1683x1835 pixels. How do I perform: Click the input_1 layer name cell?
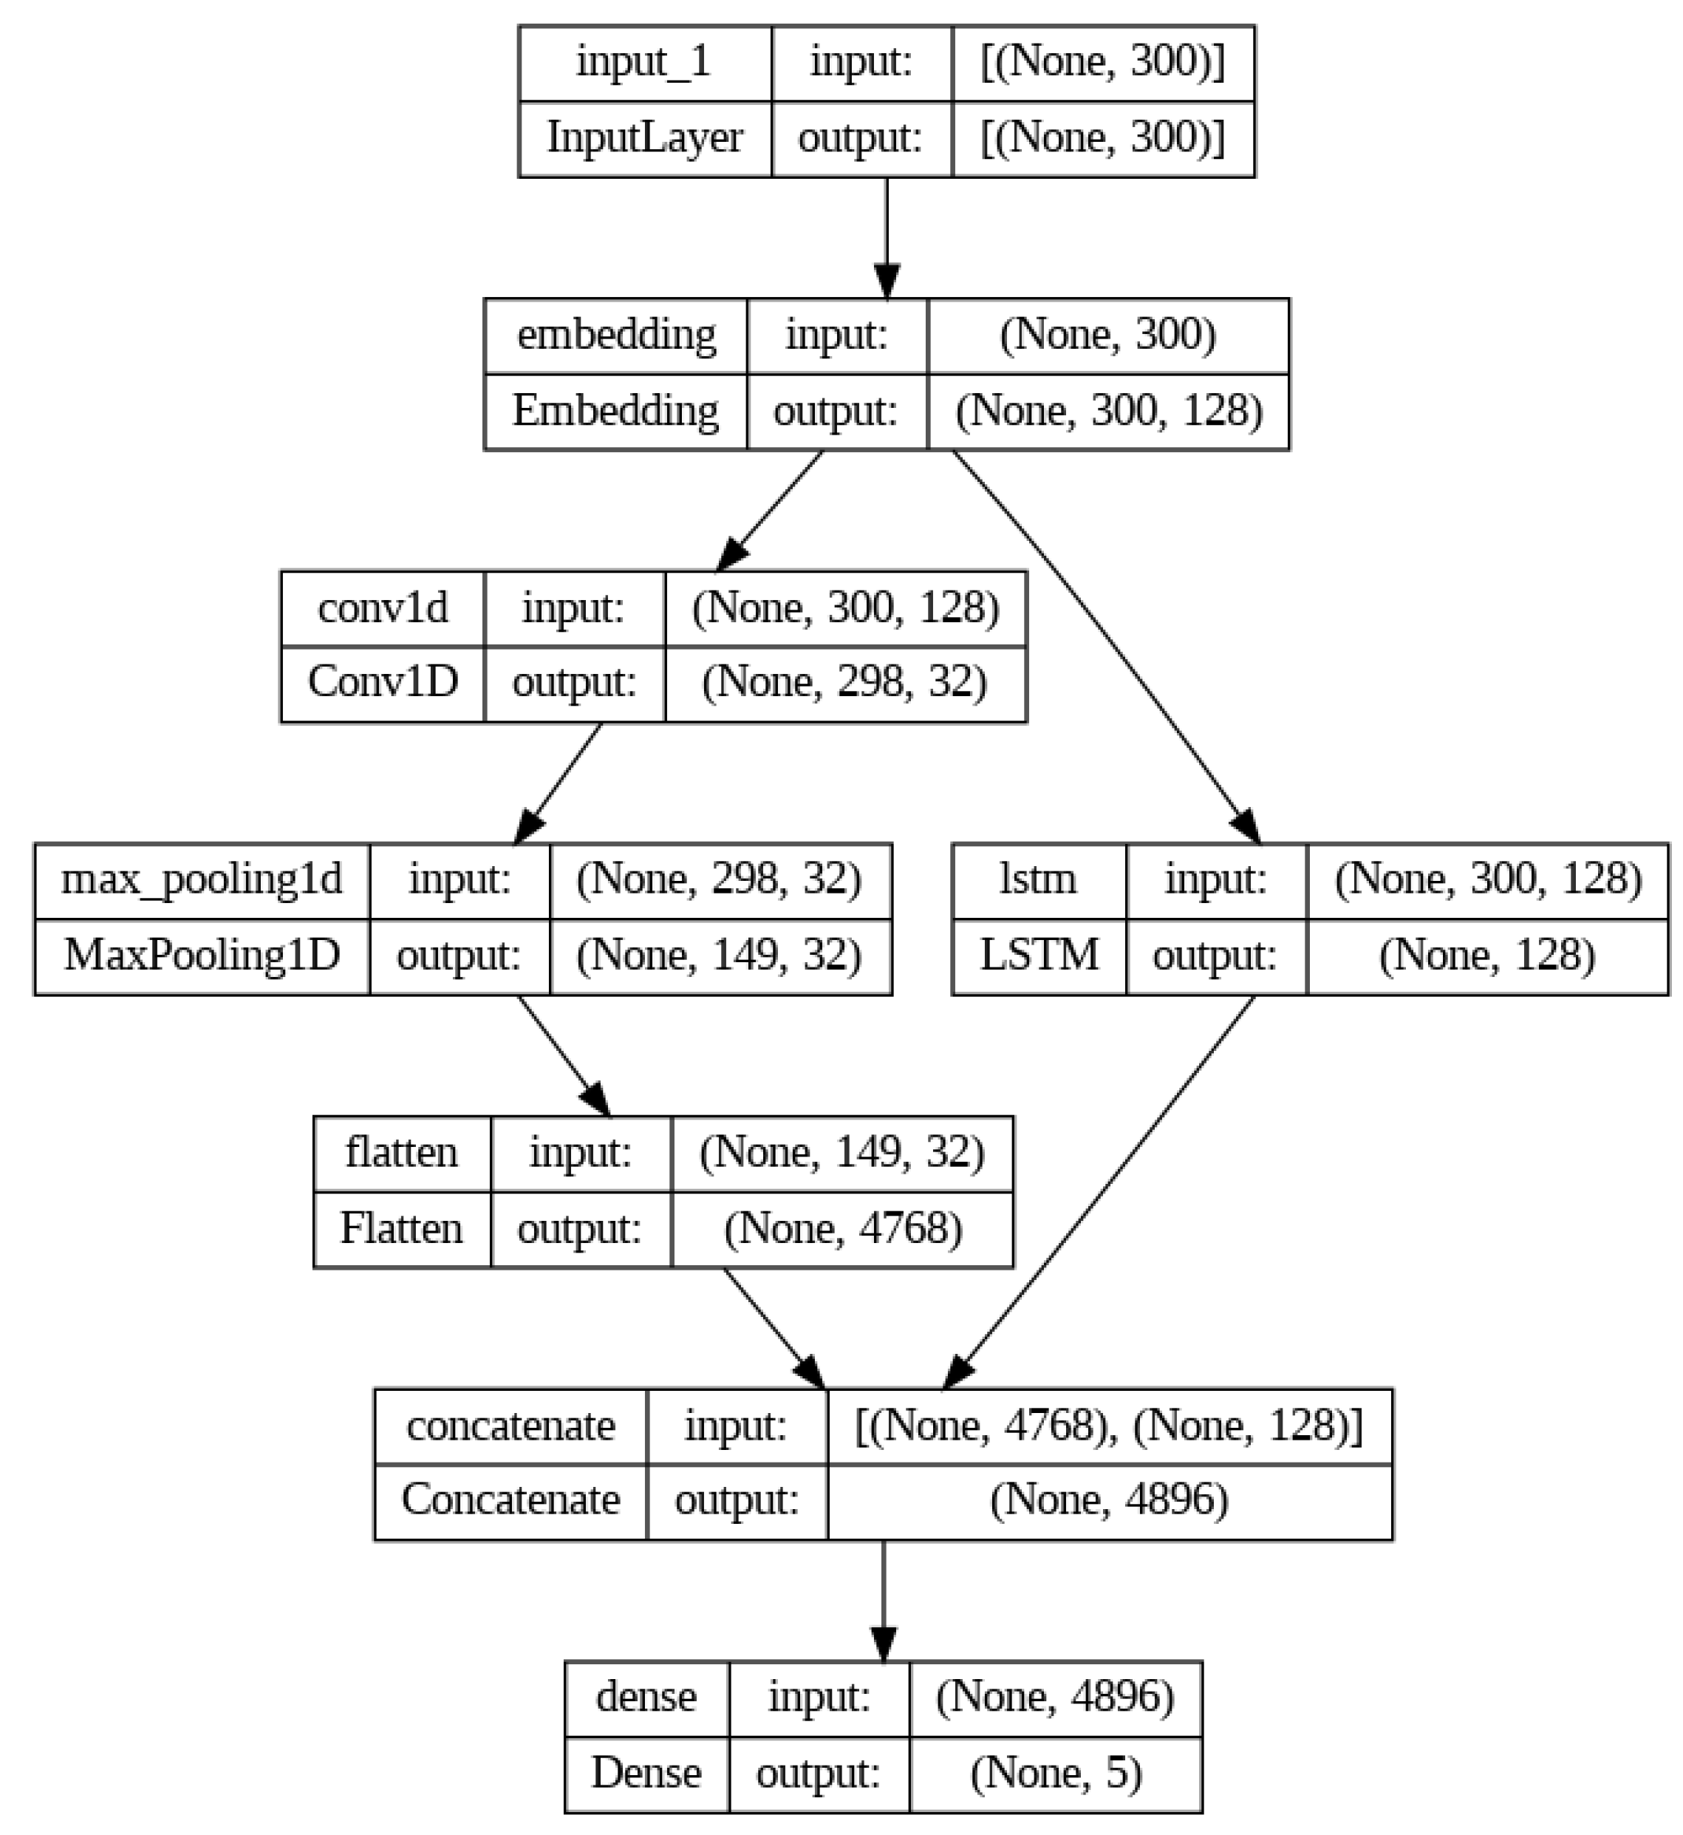[644, 63]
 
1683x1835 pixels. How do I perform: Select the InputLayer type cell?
[644, 138]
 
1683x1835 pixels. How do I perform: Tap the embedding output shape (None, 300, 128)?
[1107, 411]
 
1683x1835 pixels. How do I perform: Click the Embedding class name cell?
[615, 411]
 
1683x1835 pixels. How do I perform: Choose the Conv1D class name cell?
[383, 682]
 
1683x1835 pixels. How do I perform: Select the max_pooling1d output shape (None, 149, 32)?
[720, 956]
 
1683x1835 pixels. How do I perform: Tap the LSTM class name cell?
[1038, 956]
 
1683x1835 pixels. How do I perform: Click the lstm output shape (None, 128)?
[1486, 956]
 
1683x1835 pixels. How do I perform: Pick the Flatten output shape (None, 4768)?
[842, 1229]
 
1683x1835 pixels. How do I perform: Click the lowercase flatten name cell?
[402, 1154]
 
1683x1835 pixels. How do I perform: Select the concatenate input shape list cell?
[1108, 1426]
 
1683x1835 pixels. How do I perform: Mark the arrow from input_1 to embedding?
[886, 237]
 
